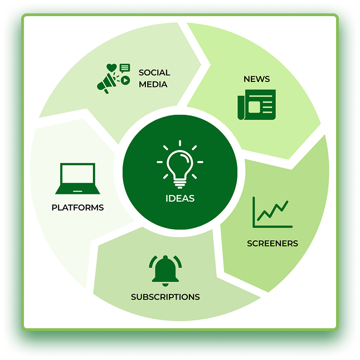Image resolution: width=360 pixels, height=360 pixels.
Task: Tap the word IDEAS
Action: tap(180, 198)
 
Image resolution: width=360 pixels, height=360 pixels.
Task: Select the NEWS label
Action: tap(256, 79)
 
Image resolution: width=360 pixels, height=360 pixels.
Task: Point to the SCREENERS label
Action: tap(273, 243)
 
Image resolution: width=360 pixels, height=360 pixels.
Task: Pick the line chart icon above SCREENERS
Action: tap(272, 212)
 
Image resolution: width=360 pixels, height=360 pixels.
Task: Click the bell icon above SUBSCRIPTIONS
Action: tap(166, 269)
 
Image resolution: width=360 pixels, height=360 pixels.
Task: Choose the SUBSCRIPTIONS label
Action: tap(165, 296)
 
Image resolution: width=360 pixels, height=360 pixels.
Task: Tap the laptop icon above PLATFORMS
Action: tap(77, 178)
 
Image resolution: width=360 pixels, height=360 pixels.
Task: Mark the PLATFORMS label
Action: tap(77, 207)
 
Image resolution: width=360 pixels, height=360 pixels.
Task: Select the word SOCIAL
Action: tap(154, 72)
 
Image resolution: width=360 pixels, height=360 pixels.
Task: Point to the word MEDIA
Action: tap(153, 84)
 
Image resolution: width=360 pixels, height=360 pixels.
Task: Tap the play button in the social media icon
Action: tap(125, 80)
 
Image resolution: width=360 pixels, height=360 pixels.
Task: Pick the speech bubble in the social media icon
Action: tap(125, 68)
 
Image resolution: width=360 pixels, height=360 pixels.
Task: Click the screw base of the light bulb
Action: tap(179, 181)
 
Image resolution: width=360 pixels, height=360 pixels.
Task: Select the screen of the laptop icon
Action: tap(77, 176)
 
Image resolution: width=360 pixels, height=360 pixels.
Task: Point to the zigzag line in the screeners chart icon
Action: tap(274, 211)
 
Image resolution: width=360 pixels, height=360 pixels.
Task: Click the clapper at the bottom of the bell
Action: tap(166, 283)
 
